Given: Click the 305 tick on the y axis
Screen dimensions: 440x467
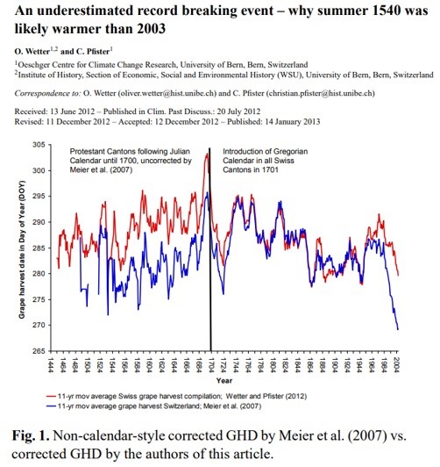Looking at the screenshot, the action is [39, 145].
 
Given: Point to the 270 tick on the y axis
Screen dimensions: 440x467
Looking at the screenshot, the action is [39, 325].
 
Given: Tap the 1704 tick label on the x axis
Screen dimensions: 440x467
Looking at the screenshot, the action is [211, 364].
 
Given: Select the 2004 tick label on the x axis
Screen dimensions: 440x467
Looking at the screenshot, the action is [397, 364].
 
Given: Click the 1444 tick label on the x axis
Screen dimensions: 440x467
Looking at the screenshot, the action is [51, 364].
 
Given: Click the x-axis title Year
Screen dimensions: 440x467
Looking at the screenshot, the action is [224, 380].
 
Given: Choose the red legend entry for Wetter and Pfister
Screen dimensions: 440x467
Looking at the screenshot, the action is [176, 396].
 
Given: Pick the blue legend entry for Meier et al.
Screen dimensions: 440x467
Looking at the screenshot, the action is [154, 406].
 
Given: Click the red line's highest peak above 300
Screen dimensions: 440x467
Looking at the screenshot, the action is [207, 154].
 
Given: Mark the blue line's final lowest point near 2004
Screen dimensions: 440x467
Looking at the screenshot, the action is [398, 329].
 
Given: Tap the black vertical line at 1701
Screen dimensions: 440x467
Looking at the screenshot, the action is [210, 249].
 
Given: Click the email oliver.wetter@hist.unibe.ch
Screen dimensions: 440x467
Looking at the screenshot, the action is [167, 93].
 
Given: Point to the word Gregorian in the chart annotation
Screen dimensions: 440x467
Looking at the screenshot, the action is [290, 152].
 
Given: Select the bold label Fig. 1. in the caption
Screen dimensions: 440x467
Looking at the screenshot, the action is [31, 435].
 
